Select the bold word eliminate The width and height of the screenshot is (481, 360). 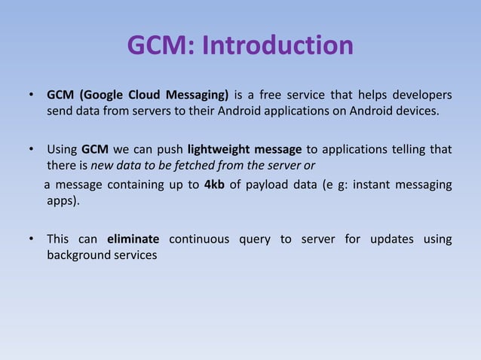[133, 239]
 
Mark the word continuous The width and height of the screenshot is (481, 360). [201, 239]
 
